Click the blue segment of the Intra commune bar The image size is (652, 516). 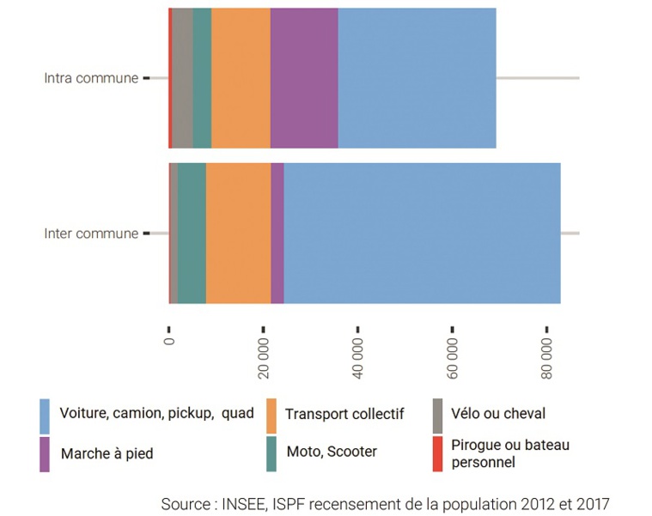[x=417, y=78]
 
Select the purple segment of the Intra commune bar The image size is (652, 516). [x=304, y=78]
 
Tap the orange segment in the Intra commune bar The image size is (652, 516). [x=241, y=78]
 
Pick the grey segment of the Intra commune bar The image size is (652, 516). [x=182, y=78]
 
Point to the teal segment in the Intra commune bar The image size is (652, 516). [x=202, y=78]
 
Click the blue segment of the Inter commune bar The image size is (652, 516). [x=422, y=233]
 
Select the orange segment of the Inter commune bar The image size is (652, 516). [x=238, y=233]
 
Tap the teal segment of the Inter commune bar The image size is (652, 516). [x=192, y=233]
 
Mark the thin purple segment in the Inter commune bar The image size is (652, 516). [x=277, y=233]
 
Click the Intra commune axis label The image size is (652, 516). [x=91, y=78]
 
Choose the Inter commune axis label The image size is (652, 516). [x=91, y=234]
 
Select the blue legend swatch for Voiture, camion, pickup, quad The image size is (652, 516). [x=45, y=416]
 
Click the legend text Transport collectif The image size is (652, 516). [x=344, y=415]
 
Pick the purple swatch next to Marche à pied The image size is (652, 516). [x=45, y=453]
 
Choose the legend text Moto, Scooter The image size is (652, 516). [x=331, y=452]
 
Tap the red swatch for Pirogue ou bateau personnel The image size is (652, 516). [x=437, y=453]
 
